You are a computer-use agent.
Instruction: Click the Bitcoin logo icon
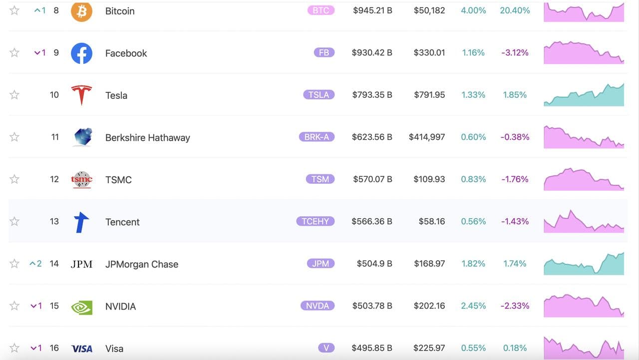tap(81, 11)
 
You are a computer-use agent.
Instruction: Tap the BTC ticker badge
tap(320, 10)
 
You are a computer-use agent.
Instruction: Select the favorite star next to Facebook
tap(14, 52)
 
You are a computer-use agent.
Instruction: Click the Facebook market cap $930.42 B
tap(372, 52)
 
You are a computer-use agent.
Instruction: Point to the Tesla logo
tap(81, 95)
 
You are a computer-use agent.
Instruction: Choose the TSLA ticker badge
tap(319, 94)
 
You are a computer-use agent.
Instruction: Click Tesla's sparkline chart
tap(584, 95)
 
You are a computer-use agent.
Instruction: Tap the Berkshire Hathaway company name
tap(147, 137)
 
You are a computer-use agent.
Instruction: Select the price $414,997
tap(426, 137)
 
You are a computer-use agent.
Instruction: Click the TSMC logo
tap(81, 179)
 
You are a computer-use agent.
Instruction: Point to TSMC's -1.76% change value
tap(515, 179)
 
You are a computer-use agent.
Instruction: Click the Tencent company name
tap(122, 222)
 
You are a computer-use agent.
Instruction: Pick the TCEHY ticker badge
tap(316, 221)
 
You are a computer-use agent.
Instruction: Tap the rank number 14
tap(54, 263)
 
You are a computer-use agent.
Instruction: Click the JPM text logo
tap(81, 264)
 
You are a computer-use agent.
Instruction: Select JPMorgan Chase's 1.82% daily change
tap(473, 264)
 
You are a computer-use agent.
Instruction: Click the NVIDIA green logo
tap(81, 307)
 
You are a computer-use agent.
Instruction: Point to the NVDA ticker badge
tap(317, 306)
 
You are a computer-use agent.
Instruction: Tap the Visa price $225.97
tap(429, 348)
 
